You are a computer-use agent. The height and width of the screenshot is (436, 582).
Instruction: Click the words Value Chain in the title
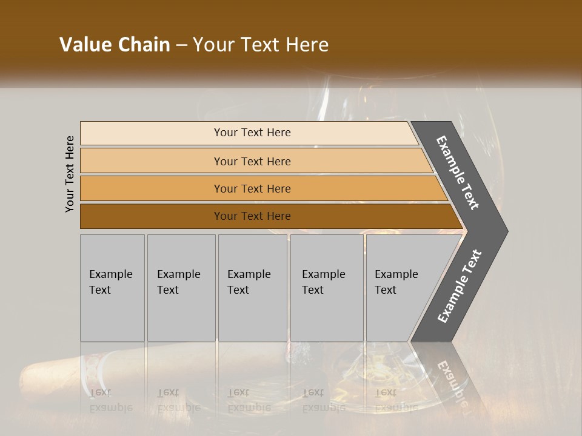tap(115, 45)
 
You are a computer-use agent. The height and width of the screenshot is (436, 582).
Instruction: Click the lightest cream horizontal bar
tap(152, 133)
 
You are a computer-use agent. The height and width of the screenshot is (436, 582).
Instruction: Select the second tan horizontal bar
tap(152, 161)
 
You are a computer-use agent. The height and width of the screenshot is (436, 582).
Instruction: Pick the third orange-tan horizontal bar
tap(152, 189)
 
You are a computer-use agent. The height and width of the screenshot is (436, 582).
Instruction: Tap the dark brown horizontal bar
tap(152, 216)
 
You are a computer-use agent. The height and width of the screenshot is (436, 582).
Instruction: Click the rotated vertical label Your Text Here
tap(70, 174)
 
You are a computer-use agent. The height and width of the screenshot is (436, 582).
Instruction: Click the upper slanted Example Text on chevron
tap(458, 173)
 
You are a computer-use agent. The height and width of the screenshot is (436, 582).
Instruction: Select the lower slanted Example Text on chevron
tap(459, 286)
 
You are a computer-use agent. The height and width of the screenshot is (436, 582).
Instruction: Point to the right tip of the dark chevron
tap(506, 231)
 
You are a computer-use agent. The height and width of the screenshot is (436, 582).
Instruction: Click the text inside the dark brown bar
tap(252, 216)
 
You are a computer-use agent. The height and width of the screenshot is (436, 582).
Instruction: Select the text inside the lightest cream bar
tap(252, 133)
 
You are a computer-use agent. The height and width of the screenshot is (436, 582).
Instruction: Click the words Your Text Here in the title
tap(261, 45)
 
